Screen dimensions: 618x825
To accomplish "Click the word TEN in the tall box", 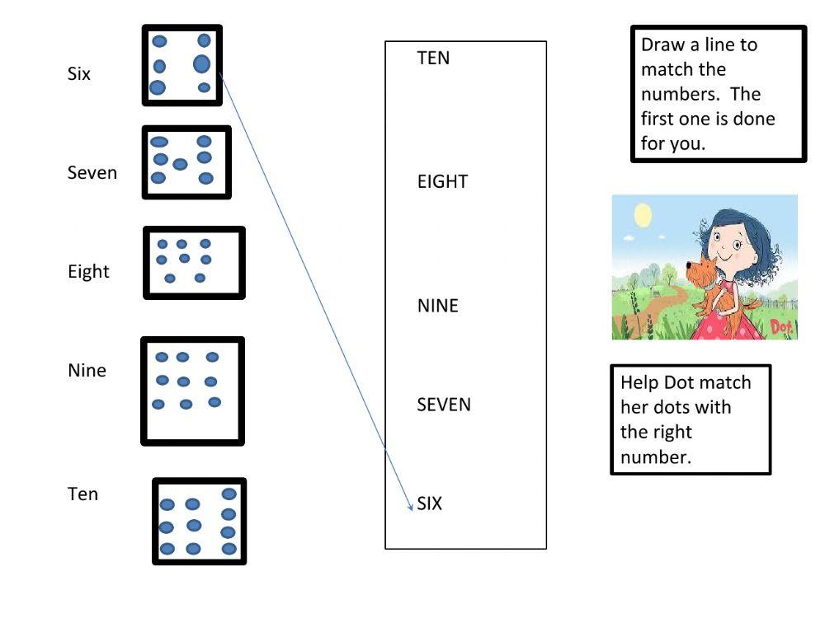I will coord(433,59).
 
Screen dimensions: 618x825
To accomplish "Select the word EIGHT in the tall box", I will coord(442,182).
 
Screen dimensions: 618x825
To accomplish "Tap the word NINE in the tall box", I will coord(437,307).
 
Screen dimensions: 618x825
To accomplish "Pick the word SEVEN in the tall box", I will coord(444,405).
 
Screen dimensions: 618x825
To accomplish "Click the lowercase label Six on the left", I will coord(79,74).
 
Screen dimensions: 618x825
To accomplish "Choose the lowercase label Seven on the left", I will coord(92,173).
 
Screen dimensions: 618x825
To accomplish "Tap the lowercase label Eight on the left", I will coord(88,272).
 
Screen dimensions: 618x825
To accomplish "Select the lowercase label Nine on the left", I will coord(87,371).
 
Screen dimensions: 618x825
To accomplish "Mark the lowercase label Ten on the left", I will coord(82,494).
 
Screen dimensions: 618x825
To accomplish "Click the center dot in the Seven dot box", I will coord(180,164).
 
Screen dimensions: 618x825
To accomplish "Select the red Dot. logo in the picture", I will coord(781,328).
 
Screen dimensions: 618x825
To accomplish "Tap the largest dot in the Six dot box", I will coord(202,63).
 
